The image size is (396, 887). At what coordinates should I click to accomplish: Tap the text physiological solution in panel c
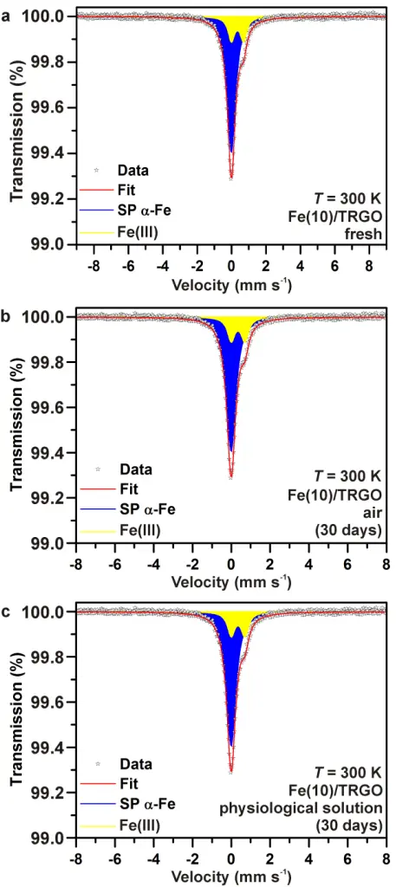329,806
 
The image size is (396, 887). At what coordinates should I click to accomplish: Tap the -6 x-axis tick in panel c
114,862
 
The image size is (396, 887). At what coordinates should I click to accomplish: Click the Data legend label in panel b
135,469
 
